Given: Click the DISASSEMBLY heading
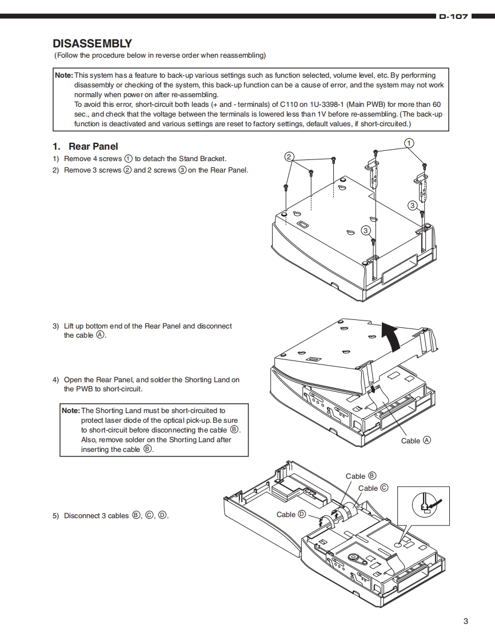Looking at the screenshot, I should click(92, 43).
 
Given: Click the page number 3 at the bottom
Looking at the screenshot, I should click(465, 621).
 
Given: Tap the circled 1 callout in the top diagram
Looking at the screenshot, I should click(409, 142).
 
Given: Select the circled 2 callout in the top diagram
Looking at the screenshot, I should click(289, 157).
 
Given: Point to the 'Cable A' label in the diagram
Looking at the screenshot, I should click(416, 440).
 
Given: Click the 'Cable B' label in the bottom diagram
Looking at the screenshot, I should click(361, 476).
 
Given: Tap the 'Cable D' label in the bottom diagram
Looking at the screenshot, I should click(291, 514).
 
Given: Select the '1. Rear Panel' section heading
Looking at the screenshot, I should click(85, 146).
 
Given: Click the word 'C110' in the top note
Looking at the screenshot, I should click(290, 105).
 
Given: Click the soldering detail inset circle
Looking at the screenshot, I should click(424, 505).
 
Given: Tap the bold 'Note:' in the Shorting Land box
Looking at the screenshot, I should click(71, 410).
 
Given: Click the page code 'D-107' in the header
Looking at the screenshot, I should click(453, 17).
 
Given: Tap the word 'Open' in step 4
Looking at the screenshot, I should click(73, 379).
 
